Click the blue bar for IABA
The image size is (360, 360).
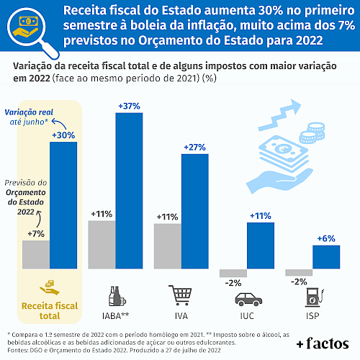129,191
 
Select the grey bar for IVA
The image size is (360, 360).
168,246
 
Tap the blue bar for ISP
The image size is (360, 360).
326,257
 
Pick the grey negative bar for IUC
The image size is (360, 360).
233,273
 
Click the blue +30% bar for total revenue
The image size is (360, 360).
63,205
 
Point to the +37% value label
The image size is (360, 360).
129,106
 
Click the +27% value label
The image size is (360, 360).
194,147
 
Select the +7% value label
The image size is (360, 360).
36,234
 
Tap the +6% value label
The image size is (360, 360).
326,238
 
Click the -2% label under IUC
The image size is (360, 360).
233,283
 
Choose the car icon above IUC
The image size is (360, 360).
248,300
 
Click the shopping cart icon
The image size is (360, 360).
181,295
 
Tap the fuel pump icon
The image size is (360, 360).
315,297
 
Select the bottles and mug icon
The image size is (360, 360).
117,296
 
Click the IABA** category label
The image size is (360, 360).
115,316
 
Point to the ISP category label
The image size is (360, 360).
312,316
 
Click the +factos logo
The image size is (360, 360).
323,343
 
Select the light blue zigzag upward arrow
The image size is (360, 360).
279,115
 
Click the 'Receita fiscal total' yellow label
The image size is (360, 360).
50,311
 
